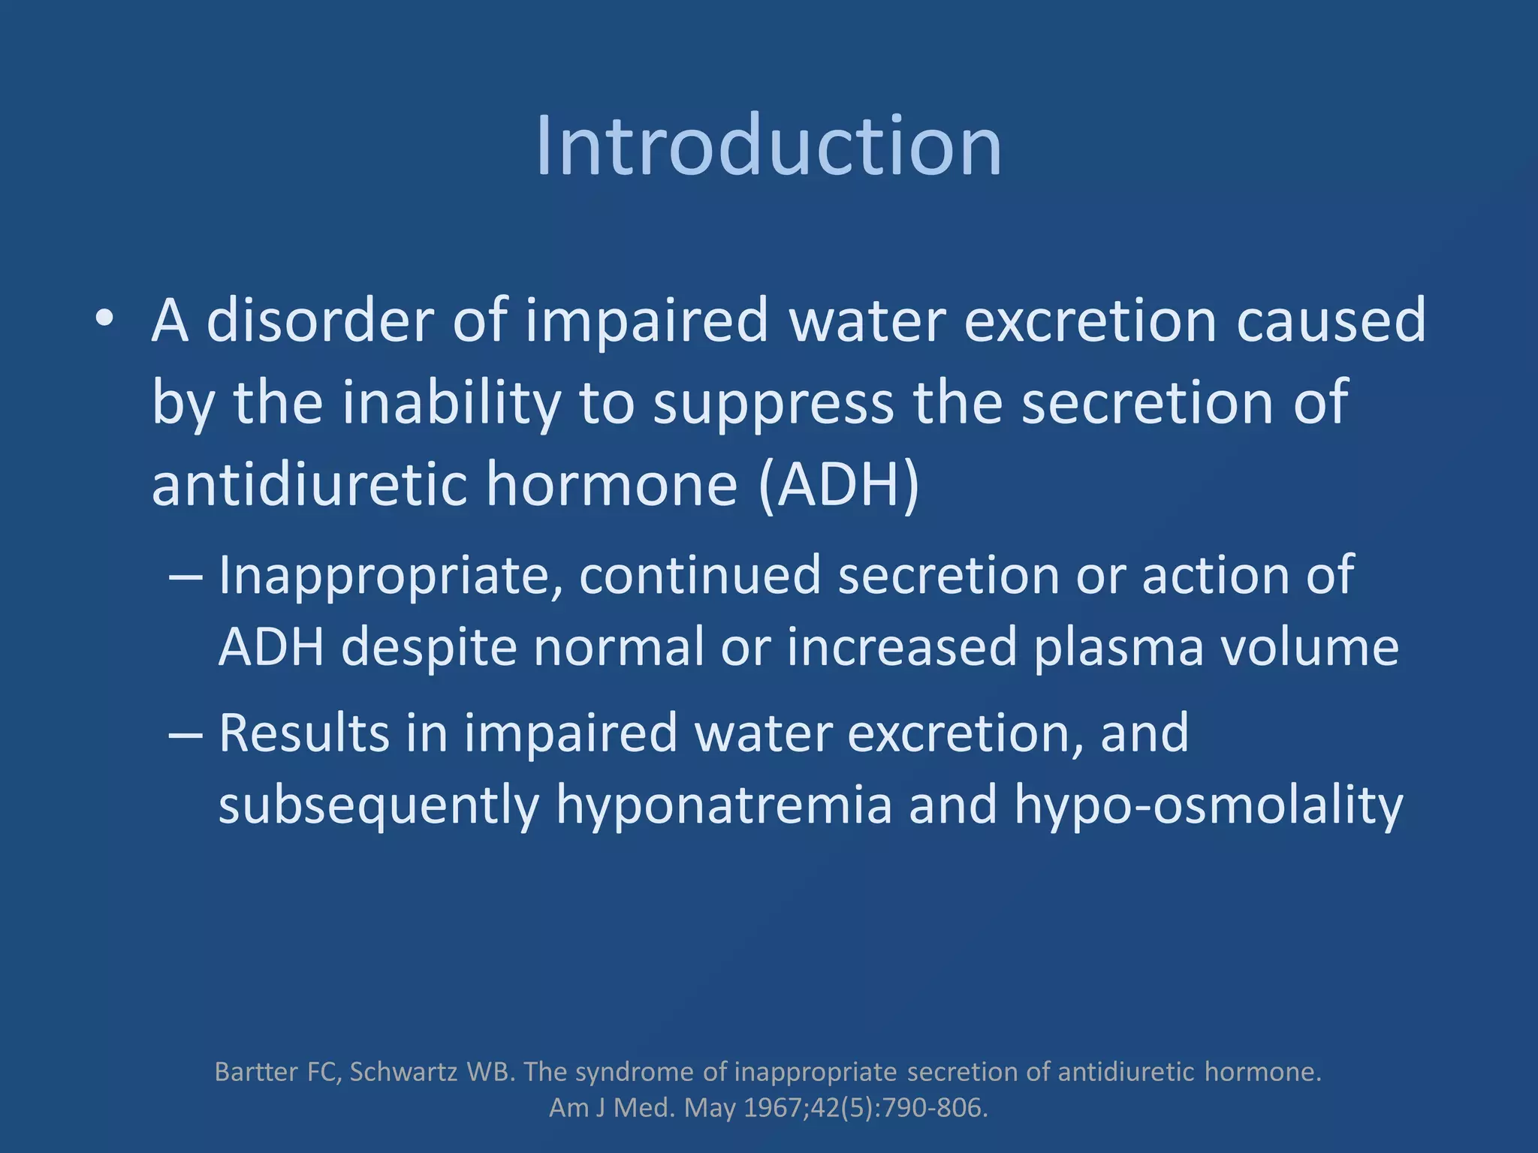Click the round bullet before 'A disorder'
pyautogui.click(x=104, y=320)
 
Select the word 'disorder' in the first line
pyautogui.click(x=320, y=321)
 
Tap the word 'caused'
pyautogui.click(x=1331, y=321)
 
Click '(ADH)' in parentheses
pyautogui.click(x=839, y=486)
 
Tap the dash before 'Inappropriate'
pyautogui.click(x=185, y=576)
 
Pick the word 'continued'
pyautogui.click(x=700, y=575)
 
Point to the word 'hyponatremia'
pyautogui.click(x=724, y=805)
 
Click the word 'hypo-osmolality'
pyautogui.click(x=1208, y=805)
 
